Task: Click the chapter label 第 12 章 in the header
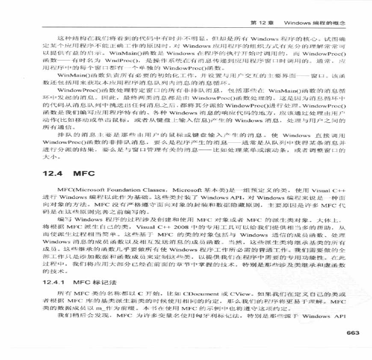point(262,21)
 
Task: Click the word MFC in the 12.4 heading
point(83,174)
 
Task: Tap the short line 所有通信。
point(56,127)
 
